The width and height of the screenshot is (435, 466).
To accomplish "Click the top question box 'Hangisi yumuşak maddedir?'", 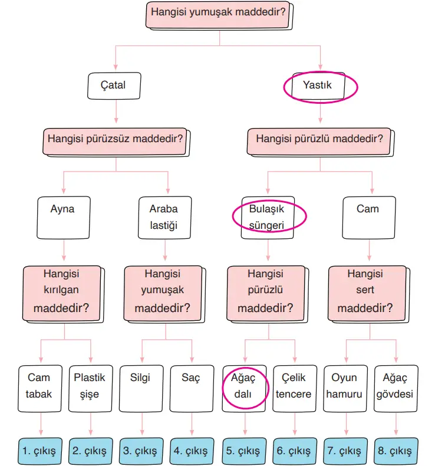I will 219,14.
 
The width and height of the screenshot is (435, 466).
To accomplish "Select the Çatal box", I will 115,86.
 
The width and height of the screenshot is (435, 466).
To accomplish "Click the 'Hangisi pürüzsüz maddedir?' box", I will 116,140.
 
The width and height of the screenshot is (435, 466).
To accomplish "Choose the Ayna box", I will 62,216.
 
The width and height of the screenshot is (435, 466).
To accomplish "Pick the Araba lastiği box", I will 164,216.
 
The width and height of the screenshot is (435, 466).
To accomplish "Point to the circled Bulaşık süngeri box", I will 268,216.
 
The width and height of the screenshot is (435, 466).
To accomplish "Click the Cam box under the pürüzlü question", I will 368,216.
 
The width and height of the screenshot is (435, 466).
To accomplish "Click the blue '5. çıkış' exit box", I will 243,451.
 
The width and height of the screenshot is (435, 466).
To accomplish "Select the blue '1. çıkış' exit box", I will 39,451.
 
